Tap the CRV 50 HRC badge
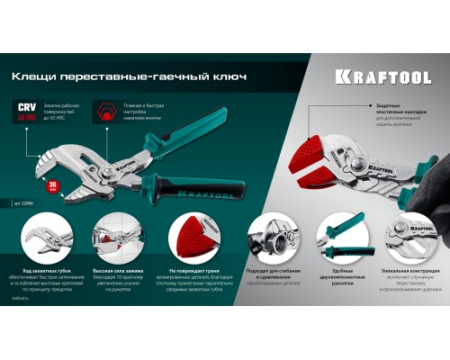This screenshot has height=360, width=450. [x=29, y=112]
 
